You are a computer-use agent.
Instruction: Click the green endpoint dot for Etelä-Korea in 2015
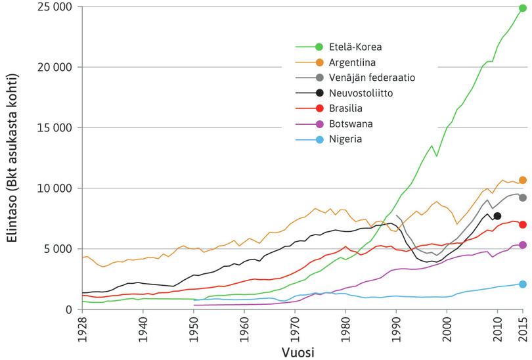pos(523,8)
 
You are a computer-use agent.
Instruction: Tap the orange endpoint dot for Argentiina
pos(523,180)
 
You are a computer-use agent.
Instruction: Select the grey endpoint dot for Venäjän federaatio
pos(523,198)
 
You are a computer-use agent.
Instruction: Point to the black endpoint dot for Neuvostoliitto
pos(497,216)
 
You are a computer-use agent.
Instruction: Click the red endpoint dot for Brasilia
pos(523,225)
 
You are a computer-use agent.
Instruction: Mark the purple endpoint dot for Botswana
pos(523,245)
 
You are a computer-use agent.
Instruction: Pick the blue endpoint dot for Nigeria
pos(523,284)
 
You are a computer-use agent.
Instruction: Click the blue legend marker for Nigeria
pos(320,139)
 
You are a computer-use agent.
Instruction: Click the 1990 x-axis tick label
pos(396,330)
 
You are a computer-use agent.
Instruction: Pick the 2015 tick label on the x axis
pos(523,330)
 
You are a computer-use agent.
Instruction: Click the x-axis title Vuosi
pos(301,353)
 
